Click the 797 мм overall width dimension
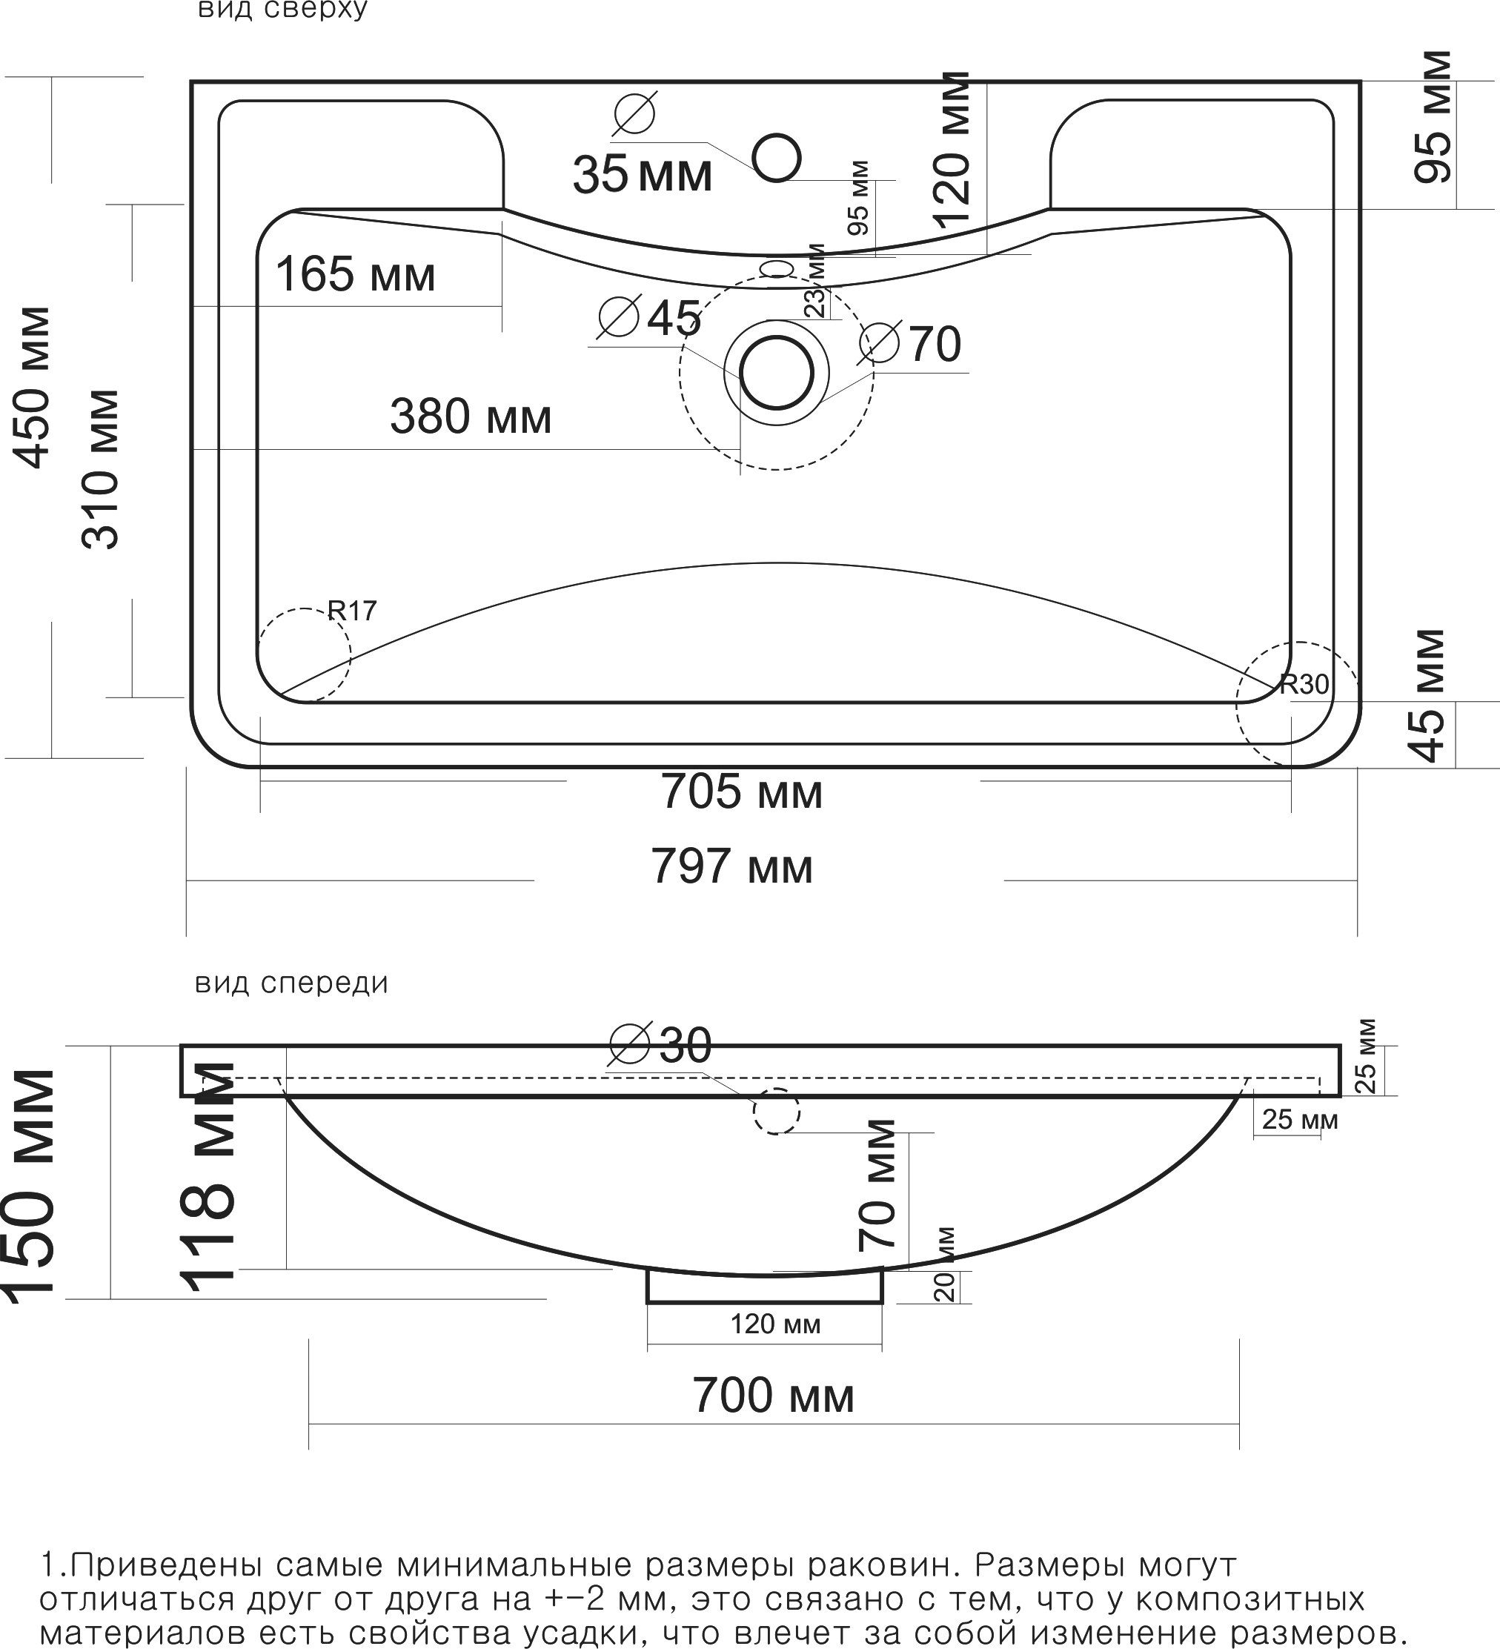click(731, 867)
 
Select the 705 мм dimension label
click(741, 792)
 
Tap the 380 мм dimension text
click(471, 417)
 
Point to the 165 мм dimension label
click(355, 274)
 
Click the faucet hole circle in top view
click(775, 158)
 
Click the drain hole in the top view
click(776, 373)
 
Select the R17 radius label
click(352, 610)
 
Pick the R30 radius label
click(1304, 684)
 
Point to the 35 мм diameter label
click(642, 174)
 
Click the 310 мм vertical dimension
click(102, 468)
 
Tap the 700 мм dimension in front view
click(773, 1396)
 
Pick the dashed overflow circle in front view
click(775, 1112)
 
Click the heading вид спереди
click(291, 983)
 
